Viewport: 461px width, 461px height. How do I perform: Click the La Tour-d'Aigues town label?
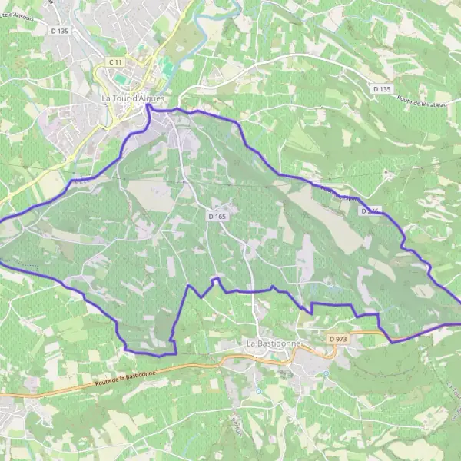click(x=133, y=98)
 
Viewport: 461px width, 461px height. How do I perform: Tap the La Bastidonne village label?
click(x=274, y=342)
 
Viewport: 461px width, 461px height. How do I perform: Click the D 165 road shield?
click(x=217, y=217)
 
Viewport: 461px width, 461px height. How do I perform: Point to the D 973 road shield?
click(x=338, y=338)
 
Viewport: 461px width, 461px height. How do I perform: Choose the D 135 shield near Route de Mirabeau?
click(x=382, y=89)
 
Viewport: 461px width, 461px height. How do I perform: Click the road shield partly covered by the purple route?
click(x=370, y=210)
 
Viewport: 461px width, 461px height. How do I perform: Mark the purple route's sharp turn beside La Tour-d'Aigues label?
click(x=148, y=108)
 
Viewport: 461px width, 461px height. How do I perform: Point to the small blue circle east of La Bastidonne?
click(x=326, y=374)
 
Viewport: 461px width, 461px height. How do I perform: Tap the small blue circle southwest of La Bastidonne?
click(x=259, y=390)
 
